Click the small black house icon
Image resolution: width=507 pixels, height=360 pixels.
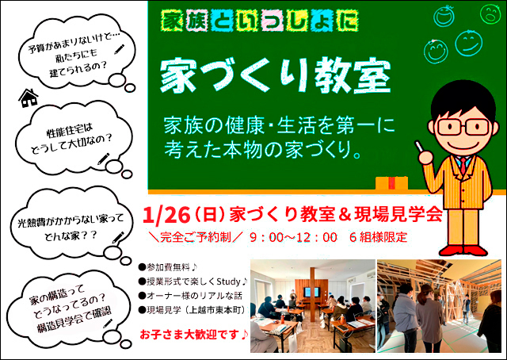click(x=29, y=98)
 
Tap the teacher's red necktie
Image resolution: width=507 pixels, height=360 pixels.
click(x=463, y=165)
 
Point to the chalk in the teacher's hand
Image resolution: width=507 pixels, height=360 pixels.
click(x=419, y=146)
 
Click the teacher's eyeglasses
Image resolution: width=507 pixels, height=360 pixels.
click(x=463, y=127)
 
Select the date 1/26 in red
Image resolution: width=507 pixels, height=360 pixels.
click(x=166, y=216)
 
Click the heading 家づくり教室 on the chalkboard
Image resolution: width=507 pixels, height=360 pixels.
click(x=275, y=76)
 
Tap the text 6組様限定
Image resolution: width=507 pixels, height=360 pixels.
click(x=378, y=237)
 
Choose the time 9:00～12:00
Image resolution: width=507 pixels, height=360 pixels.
click(x=293, y=237)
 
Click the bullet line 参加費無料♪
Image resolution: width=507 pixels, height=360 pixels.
click(x=168, y=267)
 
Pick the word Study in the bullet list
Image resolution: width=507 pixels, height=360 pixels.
click(x=229, y=281)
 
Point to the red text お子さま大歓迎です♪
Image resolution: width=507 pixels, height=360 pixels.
click(x=193, y=334)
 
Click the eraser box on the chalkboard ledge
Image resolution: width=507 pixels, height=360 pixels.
click(x=391, y=183)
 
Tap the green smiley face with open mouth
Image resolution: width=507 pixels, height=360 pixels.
click(x=490, y=14)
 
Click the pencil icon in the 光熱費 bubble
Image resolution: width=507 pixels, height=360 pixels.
click(x=118, y=237)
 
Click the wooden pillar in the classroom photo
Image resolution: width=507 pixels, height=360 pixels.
click(x=313, y=294)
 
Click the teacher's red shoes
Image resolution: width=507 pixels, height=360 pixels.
click(x=463, y=251)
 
